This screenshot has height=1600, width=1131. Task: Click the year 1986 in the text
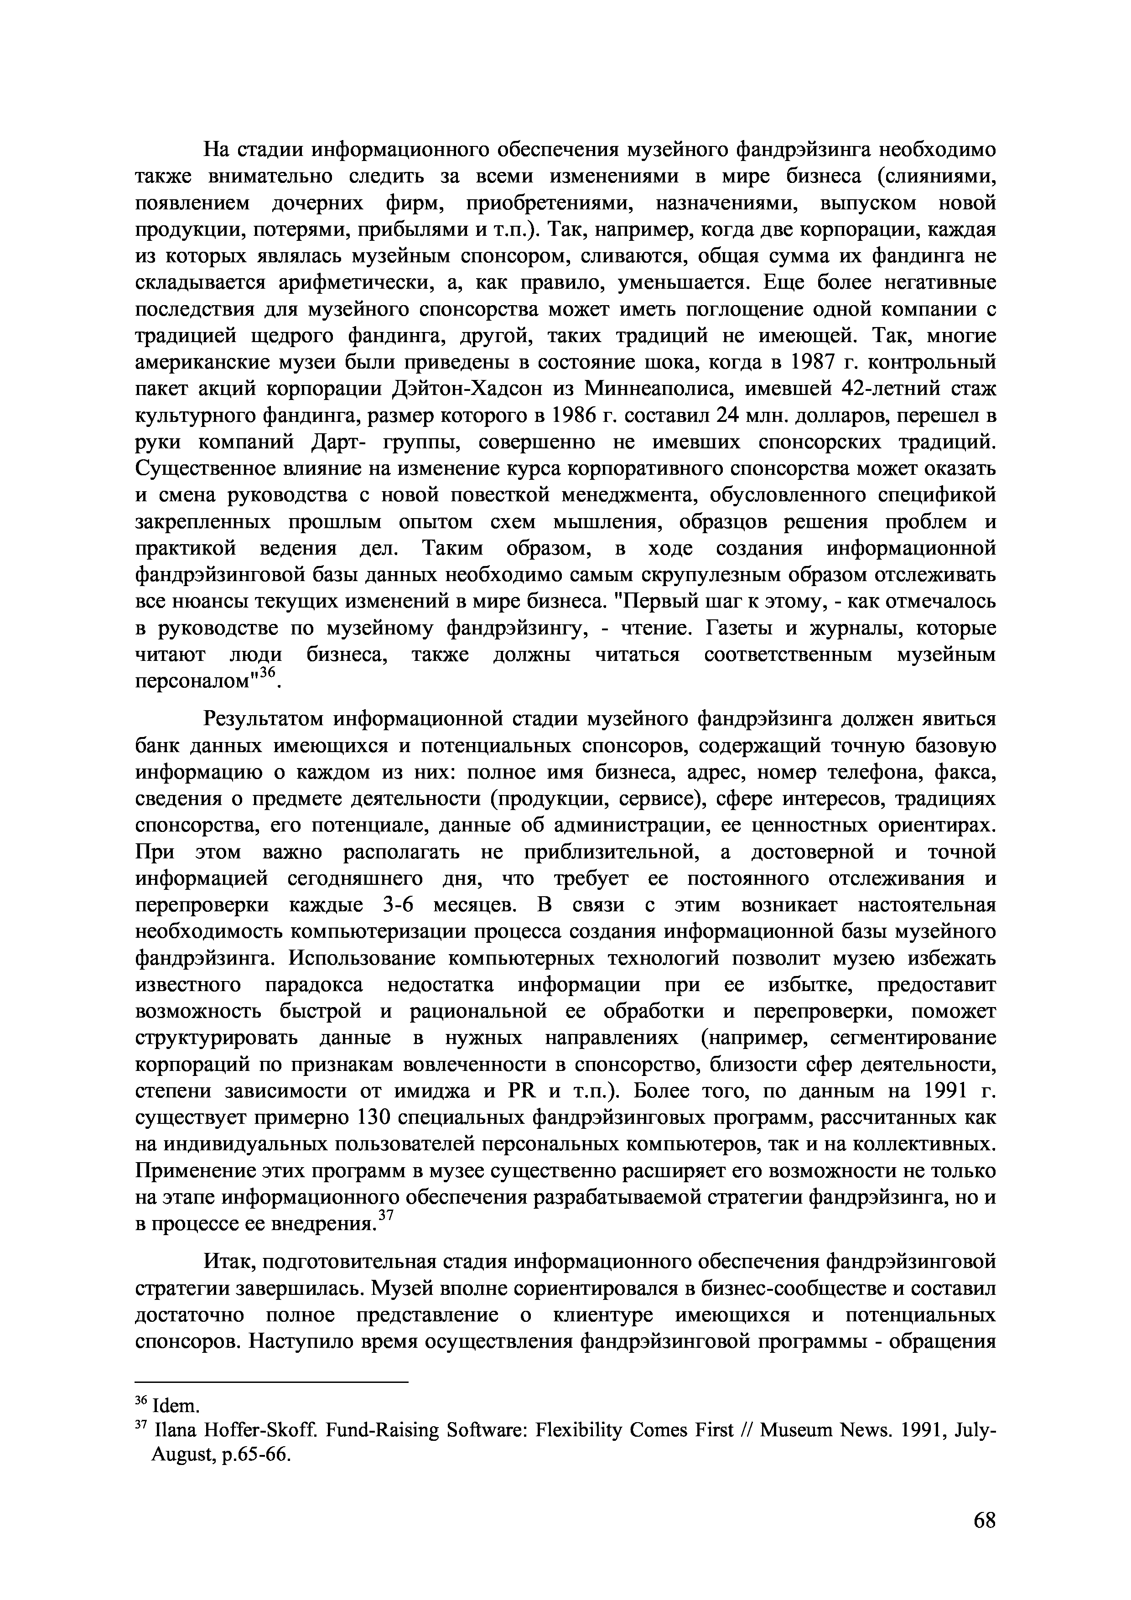574,416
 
